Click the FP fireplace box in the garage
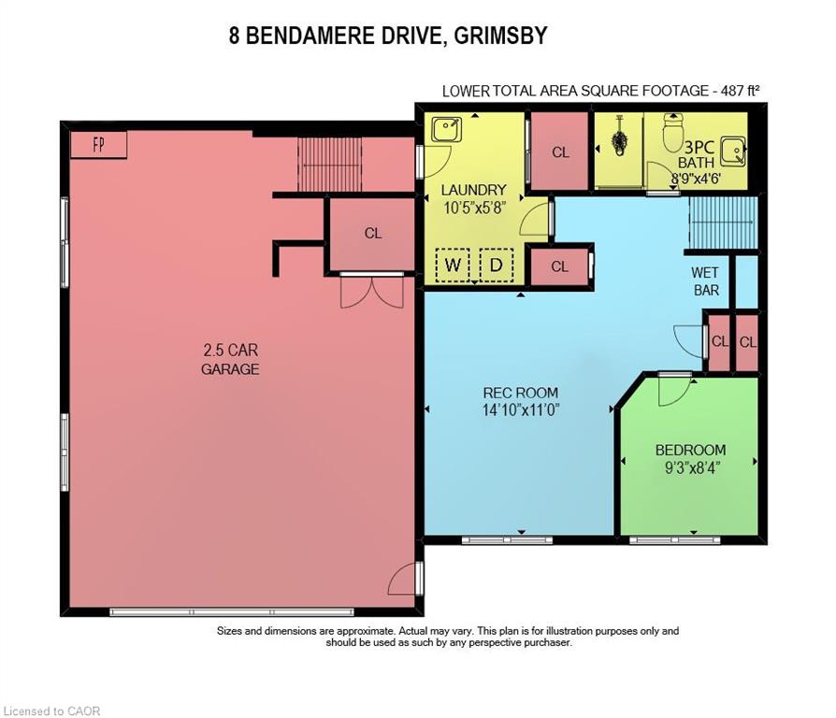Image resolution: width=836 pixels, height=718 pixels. [98, 145]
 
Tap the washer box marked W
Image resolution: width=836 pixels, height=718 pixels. [453, 265]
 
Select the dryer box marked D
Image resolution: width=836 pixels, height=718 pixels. [497, 265]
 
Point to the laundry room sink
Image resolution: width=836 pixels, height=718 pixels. [446, 130]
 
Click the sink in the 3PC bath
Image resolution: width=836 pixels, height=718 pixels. [734, 151]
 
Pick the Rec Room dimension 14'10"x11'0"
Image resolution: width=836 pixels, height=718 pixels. [520, 410]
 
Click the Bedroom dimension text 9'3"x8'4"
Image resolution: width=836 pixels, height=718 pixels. [692, 468]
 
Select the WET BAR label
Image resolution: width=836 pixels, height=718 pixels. [705, 281]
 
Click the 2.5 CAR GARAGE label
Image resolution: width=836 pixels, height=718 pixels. [230, 359]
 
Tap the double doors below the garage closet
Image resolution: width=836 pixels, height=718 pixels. [372, 292]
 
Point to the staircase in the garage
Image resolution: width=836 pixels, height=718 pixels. [329, 165]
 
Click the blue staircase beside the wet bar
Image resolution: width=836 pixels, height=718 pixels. [724, 223]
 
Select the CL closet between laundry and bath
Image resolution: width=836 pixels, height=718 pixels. [560, 151]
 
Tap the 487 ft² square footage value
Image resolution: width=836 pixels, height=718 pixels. [740, 91]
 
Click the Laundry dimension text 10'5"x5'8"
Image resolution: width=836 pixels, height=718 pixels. [474, 208]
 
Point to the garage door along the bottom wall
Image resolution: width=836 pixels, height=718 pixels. [232, 612]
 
